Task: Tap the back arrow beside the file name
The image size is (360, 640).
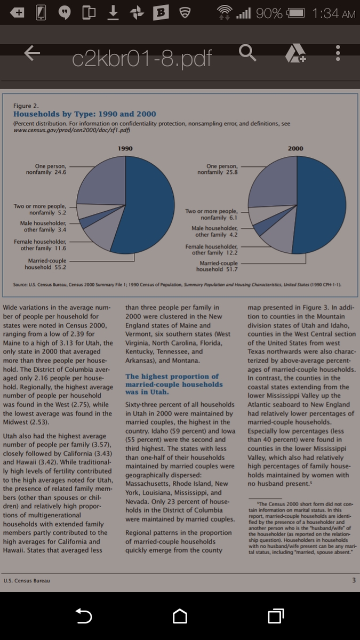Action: click(x=32, y=53)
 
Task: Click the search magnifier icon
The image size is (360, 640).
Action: click(x=247, y=53)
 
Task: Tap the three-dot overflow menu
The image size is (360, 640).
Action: click(x=338, y=53)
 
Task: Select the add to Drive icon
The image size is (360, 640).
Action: click(x=295, y=53)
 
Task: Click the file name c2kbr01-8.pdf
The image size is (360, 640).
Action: click(x=142, y=59)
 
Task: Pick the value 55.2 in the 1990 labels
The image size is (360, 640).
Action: click(x=60, y=267)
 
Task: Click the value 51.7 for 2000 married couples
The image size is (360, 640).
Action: click(x=231, y=269)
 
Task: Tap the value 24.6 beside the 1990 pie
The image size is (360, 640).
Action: click(x=60, y=172)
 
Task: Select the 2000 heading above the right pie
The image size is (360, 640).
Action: click(x=295, y=148)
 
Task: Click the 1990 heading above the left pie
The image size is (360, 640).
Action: click(x=125, y=148)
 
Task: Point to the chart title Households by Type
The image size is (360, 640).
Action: click(x=85, y=114)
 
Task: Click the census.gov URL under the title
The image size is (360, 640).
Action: click(x=71, y=130)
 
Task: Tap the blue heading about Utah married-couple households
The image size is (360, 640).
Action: click(x=174, y=385)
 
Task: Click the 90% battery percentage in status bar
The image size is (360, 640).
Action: click(x=269, y=13)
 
